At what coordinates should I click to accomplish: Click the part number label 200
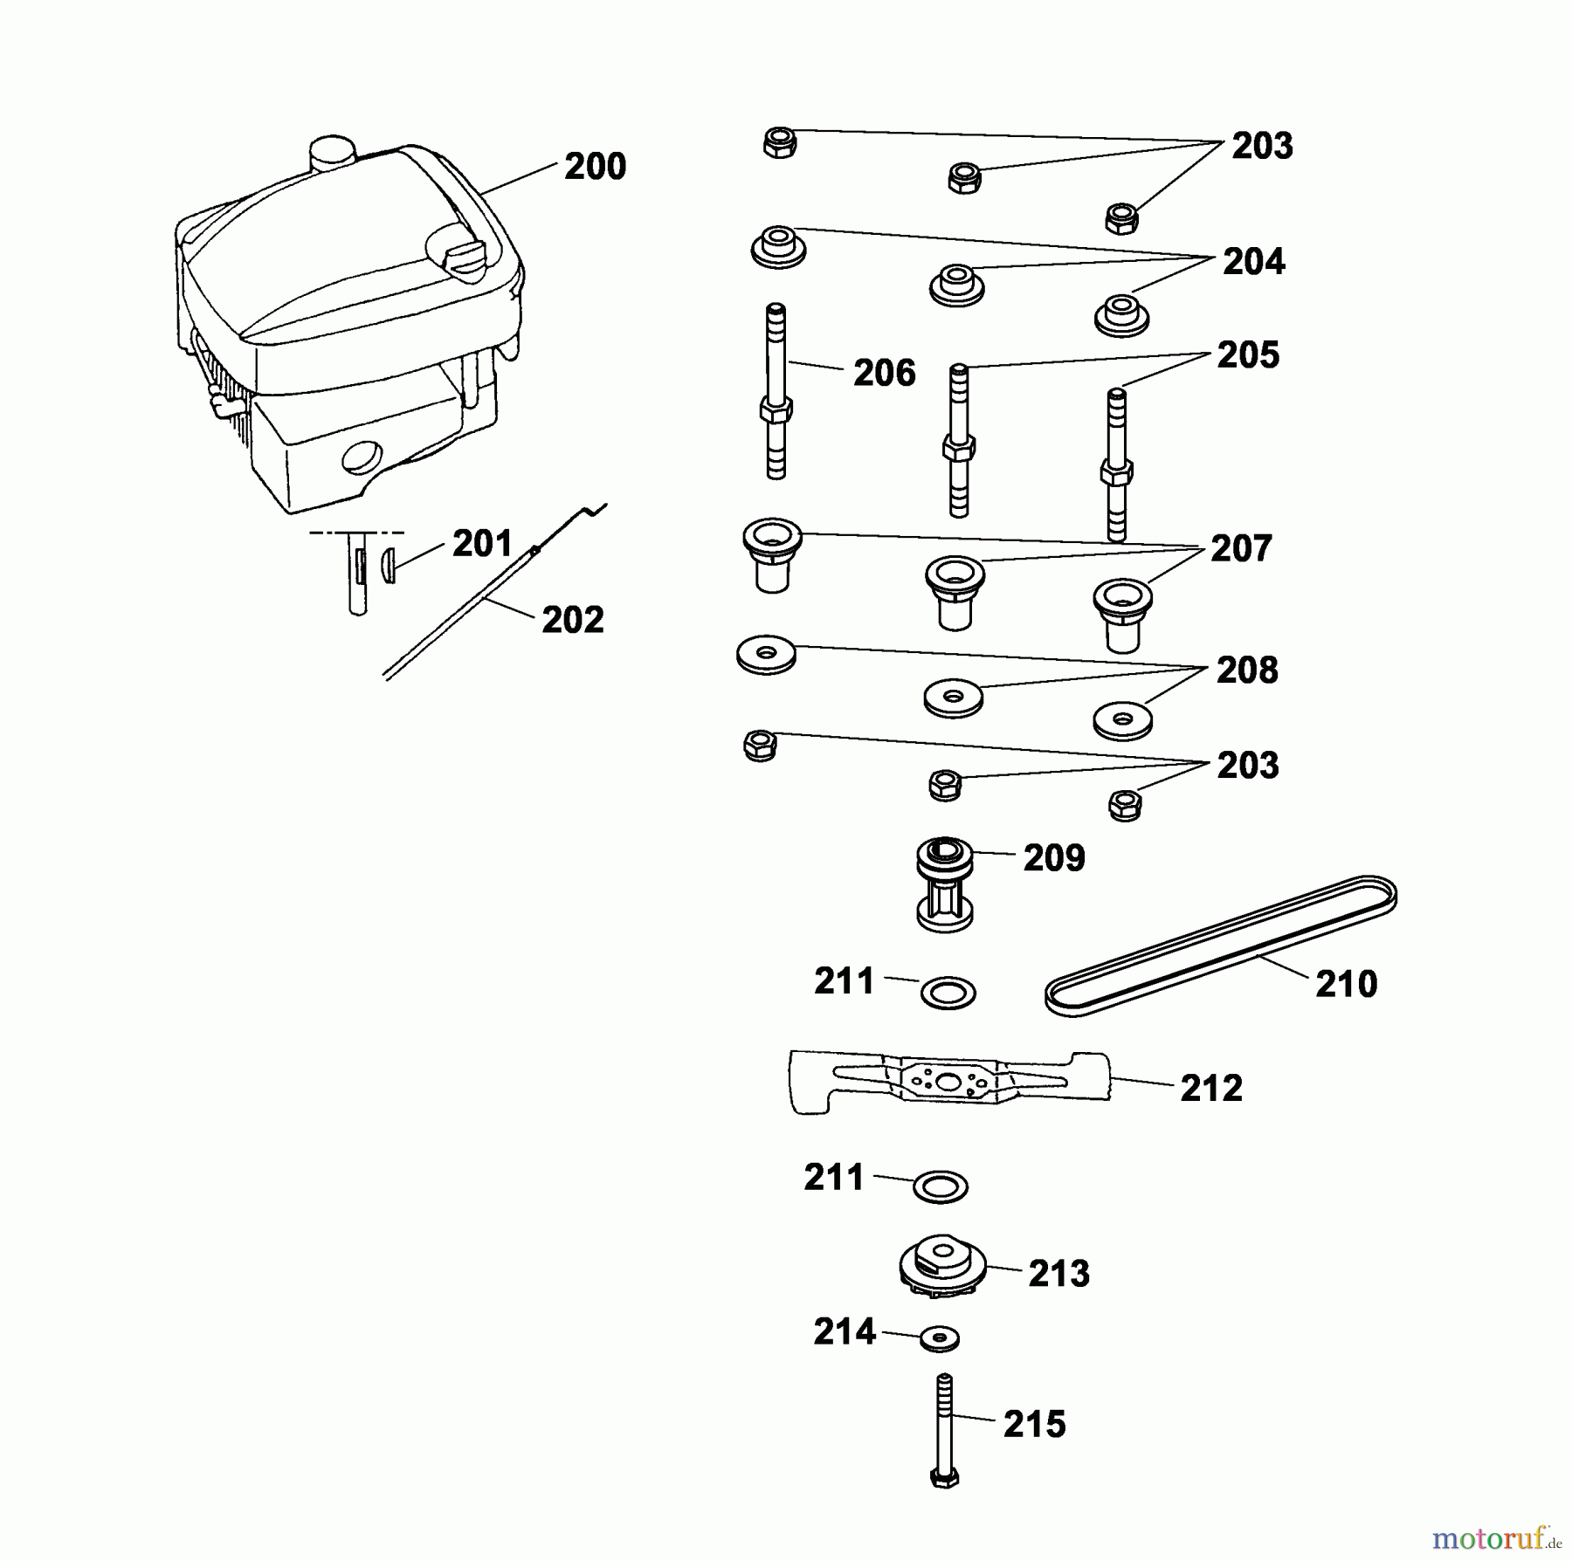tap(595, 167)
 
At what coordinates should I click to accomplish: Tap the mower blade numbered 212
tap(949, 1083)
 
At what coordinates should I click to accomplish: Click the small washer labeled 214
tap(939, 1338)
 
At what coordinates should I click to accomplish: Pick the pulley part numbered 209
tap(945, 884)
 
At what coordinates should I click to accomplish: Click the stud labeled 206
tap(776, 391)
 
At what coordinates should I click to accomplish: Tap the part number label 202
tap(573, 621)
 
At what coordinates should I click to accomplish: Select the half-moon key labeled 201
tap(389, 565)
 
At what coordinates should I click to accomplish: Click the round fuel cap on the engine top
tap(333, 153)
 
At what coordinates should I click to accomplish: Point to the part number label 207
tap(1241, 549)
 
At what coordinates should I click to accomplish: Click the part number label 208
tap(1247, 670)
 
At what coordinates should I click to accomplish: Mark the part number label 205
tap(1248, 355)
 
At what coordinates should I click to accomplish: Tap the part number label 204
tap(1253, 262)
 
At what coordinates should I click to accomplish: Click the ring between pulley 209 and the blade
tap(948, 993)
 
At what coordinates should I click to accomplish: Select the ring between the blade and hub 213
tap(941, 1186)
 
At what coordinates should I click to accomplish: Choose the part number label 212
tap(1211, 1089)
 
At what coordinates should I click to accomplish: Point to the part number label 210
tap(1346, 985)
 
